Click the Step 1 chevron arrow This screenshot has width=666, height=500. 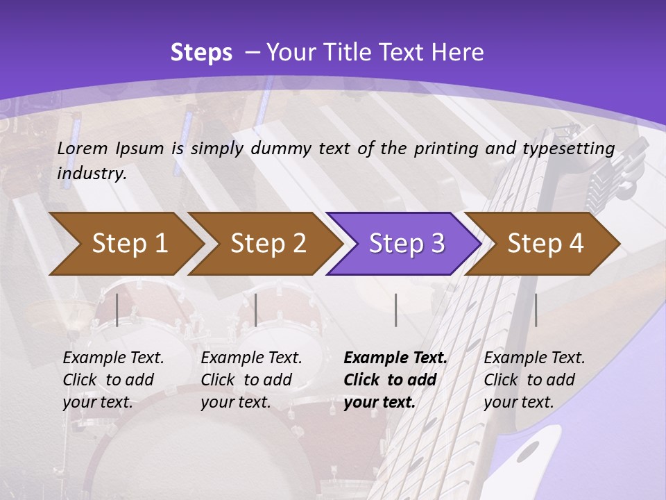(x=129, y=244)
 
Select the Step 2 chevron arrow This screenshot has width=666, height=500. (x=268, y=244)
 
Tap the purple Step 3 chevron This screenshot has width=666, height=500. (x=407, y=244)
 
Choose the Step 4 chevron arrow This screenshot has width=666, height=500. (x=545, y=244)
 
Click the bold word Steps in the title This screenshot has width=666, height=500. (x=201, y=53)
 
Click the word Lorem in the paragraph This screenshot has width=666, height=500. (x=82, y=148)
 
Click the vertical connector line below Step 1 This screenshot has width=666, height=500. (x=117, y=310)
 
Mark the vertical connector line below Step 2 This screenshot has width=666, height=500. (x=256, y=310)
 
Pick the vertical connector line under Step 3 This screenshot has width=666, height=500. (x=395, y=310)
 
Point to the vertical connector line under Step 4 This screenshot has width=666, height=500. (x=536, y=310)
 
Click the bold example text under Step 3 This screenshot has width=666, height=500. (x=395, y=380)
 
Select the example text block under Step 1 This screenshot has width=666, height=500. (x=113, y=380)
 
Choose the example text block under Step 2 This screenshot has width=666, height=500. (x=251, y=380)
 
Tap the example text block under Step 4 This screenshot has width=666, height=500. (x=534, y=380)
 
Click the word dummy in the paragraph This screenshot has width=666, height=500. (x=281, y=148)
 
